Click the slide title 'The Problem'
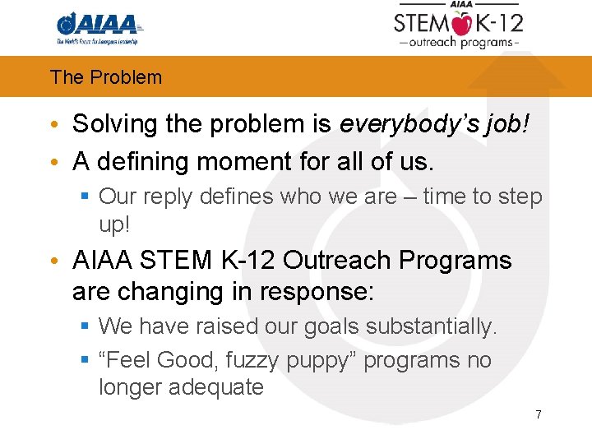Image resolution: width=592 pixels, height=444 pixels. click(x=106, y=77)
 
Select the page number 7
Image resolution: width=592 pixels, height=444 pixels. click(x=539, y=414)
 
